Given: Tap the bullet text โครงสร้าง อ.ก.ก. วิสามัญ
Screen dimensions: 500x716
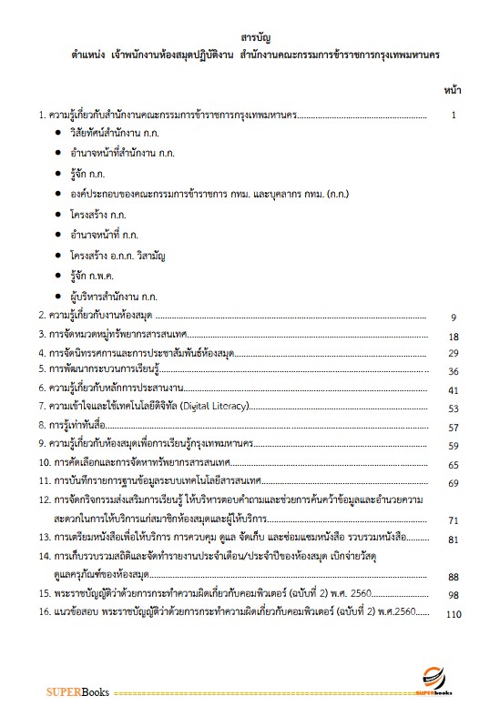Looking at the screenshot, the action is click(x=117, y=254).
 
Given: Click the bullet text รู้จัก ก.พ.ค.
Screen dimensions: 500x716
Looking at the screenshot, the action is click(x=89, y=274).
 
